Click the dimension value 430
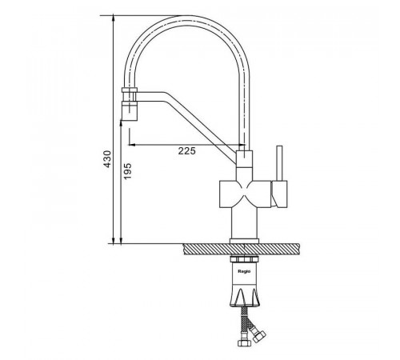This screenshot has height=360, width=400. point(107,159)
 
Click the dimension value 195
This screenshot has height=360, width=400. point(128,171)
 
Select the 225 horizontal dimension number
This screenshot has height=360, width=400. point(186,151)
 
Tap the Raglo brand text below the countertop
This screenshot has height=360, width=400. point(244,271)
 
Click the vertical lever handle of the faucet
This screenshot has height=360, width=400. point(279,163)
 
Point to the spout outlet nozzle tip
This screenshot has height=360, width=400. point(130,110)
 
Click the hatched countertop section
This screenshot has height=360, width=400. point(242,250)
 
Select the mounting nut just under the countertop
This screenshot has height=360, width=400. point(244,259)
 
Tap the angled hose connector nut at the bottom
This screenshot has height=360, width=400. point(259,336)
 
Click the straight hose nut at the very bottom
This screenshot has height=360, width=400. point(243,342)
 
